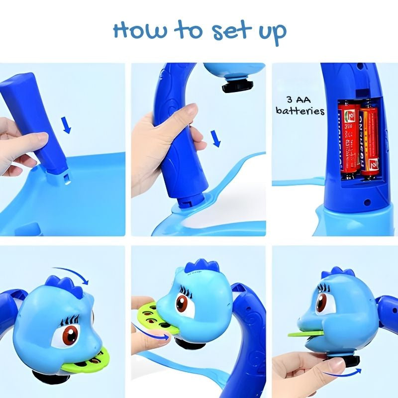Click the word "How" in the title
pos(139,31)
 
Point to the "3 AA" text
pos(300,99)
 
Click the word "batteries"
pos(300,111)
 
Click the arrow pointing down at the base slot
pos(67,124)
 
